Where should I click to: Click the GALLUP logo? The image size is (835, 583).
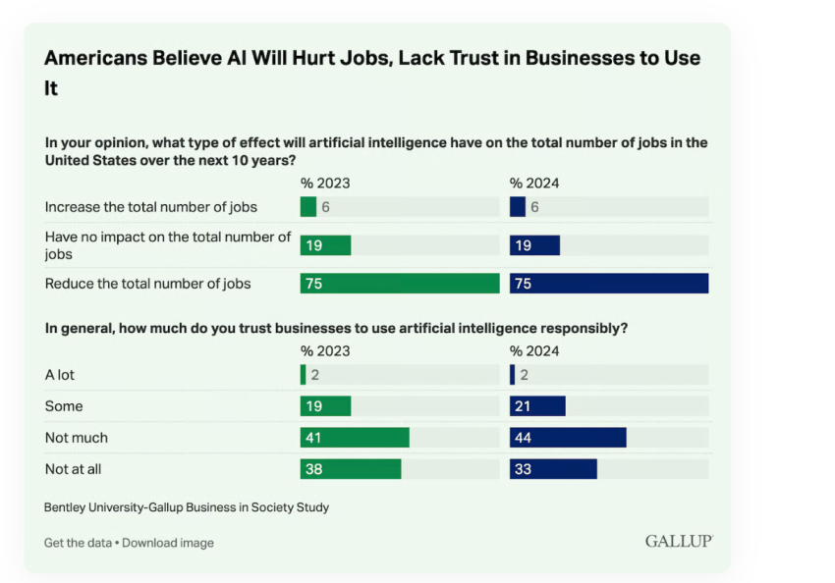679,541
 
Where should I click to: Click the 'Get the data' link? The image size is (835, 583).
78,543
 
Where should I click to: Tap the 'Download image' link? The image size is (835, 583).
168,543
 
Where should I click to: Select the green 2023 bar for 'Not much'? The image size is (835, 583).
355,438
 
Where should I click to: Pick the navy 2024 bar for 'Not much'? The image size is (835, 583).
568,438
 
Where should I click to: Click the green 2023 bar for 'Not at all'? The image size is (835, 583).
351,469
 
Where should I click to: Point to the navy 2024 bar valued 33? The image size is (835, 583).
553,469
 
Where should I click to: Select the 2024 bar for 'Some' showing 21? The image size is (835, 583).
537,406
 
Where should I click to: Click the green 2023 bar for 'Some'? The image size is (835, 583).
325,406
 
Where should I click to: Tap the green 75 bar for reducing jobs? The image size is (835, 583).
400,284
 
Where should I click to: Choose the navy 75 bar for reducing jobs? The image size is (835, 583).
609,284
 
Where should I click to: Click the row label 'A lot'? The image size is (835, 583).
60,375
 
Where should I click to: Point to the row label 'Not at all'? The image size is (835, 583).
74,469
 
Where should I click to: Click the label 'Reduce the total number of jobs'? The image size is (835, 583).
148,284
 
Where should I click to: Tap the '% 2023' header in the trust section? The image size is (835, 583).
325,350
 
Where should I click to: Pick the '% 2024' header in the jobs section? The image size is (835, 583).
534,183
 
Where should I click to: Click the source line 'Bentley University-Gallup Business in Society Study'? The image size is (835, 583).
187,507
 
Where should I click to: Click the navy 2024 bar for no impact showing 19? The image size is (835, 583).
534,245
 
